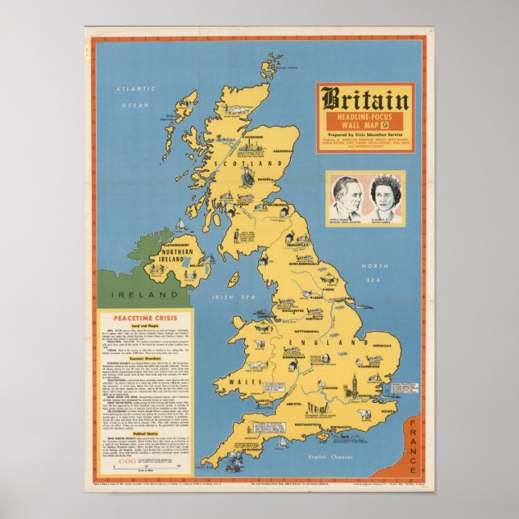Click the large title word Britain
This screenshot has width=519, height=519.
pos(365,99)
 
